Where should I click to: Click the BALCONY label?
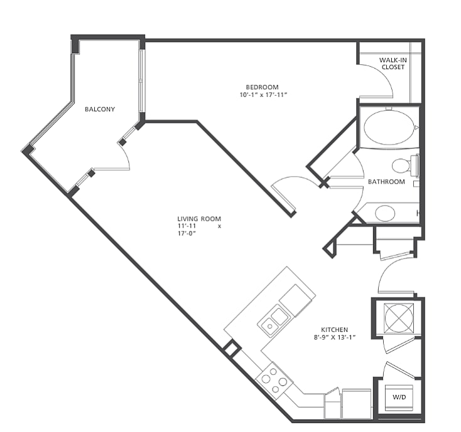tap(100, 109)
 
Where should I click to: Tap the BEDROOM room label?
tap(262, 87)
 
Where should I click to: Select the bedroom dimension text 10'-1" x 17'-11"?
tap(263, 95)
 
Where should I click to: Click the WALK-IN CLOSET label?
tap(393, 64)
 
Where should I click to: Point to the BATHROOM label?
tap(386, 182)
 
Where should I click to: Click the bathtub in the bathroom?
tap(389, 127)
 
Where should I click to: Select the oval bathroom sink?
tap(385, 213)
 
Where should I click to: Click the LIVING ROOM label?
tap(199, 219)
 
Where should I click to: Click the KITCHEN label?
tap(334, 330)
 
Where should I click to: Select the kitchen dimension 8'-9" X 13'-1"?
tap(335, 338)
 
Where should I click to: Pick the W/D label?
tap(399, 397)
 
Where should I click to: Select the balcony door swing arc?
tap(127, 156)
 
